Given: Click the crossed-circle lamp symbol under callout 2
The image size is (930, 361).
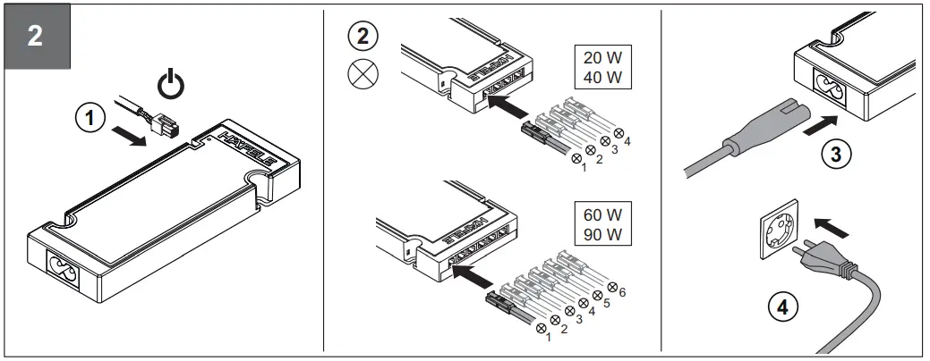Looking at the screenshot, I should [362, 76].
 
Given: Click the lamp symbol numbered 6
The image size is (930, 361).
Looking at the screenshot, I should [614, 288].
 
